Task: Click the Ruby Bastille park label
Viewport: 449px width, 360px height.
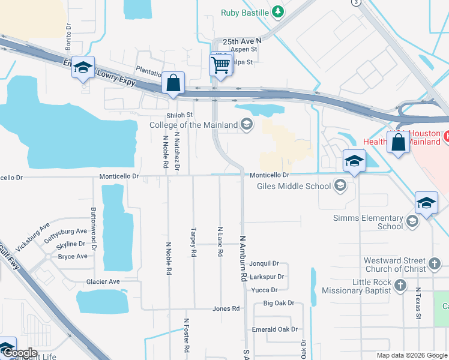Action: tap(245, 12)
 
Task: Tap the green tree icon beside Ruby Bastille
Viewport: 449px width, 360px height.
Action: tap(277, 11)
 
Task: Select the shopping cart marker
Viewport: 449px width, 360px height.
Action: tap(221, 64)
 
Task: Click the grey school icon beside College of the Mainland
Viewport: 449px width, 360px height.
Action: tap(246, 125)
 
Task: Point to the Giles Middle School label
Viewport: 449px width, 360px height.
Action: tap(294, 186)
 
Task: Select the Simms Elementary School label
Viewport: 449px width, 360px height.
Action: tap(382, 222)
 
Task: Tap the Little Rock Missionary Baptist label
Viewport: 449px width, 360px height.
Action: tap(355, 286)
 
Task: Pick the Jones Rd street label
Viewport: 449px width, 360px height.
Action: tap(226, 309)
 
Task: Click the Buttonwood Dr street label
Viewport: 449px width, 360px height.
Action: tap(94, 229)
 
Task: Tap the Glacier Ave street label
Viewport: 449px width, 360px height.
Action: tap(103, 281)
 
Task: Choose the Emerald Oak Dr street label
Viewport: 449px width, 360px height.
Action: tap(275, 329)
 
